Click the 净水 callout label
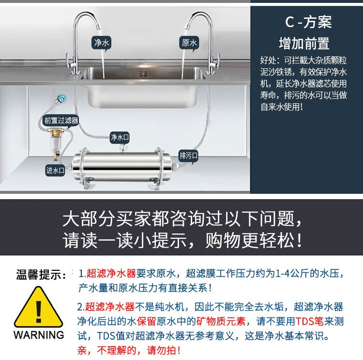102,43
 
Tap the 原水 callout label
189,43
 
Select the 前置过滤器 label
61,121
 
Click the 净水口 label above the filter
120,137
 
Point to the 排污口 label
188,156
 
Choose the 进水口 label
55,171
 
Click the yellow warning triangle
38,307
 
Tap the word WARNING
39,335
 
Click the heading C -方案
308,22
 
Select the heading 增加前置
304,43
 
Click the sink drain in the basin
143,74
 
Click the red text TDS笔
310,322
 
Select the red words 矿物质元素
221,322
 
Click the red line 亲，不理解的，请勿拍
129,350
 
